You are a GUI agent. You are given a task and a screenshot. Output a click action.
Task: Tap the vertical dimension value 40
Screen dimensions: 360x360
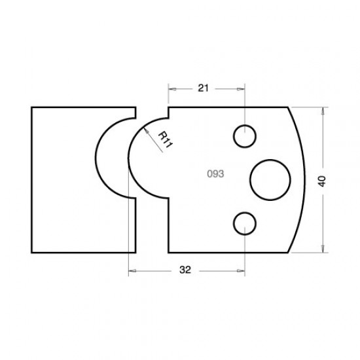[321, 180]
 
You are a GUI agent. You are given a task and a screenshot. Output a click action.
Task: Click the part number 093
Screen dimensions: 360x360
[215, 175]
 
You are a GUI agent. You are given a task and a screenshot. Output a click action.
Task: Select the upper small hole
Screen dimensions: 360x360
[245, 136]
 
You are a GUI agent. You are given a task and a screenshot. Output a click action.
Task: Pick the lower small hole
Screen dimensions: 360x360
[245, 223]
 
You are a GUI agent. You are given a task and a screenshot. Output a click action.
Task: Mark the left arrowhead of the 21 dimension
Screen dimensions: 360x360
[171, 86]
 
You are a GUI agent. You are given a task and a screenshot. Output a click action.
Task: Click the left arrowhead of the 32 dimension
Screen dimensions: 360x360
[130, 268]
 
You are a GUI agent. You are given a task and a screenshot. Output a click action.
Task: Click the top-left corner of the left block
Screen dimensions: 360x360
[32, 107]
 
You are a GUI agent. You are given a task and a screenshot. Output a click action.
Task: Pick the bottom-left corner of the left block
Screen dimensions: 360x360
[32, 252]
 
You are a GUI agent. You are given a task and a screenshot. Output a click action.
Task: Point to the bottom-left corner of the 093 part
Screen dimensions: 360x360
[169, 252]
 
